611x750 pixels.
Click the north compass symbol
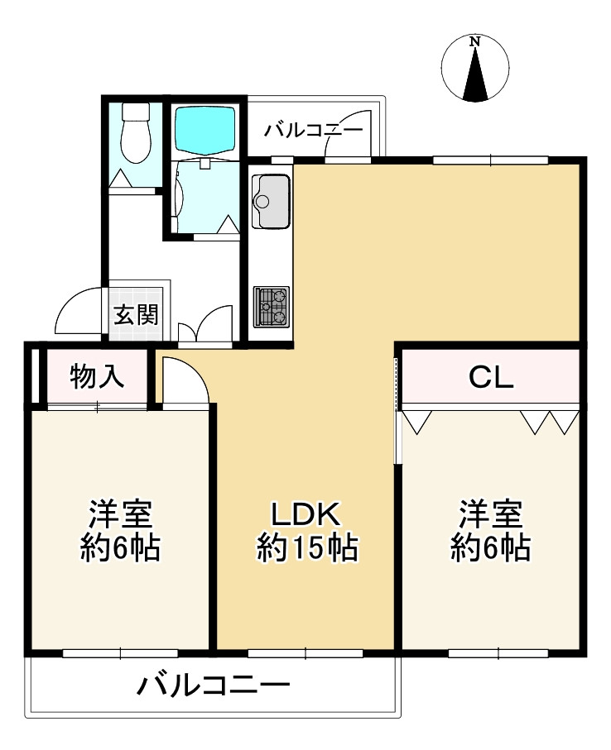(x=474, y=69)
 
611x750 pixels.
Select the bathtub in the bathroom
(x=205, y=128)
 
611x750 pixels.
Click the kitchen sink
(x=271, y=200)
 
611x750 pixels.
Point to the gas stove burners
(x=271, y=307)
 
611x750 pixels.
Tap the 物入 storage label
(x=98, y=377)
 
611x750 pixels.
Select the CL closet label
(x=491, y=378)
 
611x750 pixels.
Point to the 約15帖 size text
(x=307, y=547)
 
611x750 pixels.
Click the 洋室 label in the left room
(x=120, y=515)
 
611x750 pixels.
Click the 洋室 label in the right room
(x=491, y=515)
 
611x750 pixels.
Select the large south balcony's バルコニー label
(x=214, y=686)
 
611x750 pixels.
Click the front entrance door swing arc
(x=76, y=313)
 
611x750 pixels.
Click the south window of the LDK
(x=305, y=652)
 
